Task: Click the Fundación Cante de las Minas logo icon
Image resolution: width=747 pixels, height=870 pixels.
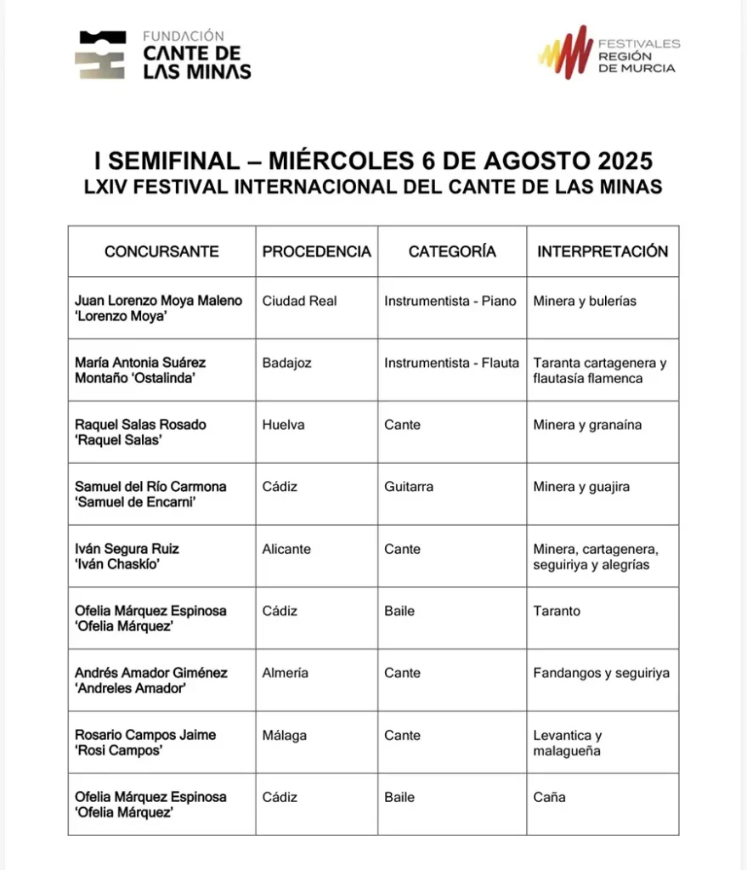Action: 100,55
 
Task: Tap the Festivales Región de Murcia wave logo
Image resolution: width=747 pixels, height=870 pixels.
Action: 565,52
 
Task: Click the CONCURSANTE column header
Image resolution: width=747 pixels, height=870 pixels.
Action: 161,251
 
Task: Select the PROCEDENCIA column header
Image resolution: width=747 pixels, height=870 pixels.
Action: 316,251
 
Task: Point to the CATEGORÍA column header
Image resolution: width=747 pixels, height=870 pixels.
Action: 452,251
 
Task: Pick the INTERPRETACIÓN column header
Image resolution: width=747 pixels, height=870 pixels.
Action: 603,251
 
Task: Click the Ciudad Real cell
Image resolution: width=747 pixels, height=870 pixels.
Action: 299,301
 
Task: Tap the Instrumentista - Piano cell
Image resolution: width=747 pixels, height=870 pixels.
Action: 450,301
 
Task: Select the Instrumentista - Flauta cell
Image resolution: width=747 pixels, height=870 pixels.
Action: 451,363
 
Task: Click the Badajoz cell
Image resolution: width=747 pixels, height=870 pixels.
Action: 286,363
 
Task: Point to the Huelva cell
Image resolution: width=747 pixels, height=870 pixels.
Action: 283,425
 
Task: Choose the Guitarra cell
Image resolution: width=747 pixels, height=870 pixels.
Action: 409,487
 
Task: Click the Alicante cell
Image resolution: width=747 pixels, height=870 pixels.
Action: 286,549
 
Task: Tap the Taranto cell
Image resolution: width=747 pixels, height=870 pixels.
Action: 557,611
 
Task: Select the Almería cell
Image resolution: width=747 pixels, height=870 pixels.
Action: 286,673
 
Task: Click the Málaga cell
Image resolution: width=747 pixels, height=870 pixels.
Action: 285,735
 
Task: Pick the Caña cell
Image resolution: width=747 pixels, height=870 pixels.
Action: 549,797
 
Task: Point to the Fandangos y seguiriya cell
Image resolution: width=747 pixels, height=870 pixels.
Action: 601,673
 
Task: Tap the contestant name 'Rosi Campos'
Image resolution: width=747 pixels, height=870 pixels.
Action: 119,751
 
